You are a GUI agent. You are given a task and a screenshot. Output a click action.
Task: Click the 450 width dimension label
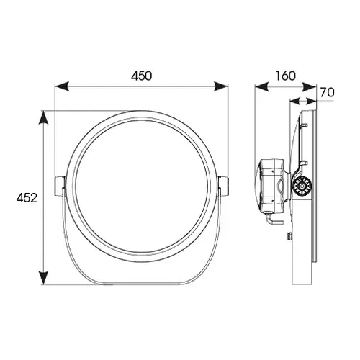click(x=142, y=76)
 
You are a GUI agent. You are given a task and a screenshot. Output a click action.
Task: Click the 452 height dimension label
click(x=27, y=198)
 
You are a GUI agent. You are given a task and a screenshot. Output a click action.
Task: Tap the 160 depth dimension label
click(x=285, y=76)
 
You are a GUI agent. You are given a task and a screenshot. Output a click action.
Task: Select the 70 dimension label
click(x=328, y=92)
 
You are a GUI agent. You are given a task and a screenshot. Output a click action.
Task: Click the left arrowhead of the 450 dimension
click(x=62, y=86)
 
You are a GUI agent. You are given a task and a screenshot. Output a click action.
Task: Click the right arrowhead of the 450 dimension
click(x=221, y=86)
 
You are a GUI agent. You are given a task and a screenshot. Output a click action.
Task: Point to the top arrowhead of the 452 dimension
click(x=43, y=117)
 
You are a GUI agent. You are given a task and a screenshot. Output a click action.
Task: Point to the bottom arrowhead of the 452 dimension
click(x=43, y=278)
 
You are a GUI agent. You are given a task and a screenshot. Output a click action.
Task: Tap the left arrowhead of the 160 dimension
click(x=261, y=86)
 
